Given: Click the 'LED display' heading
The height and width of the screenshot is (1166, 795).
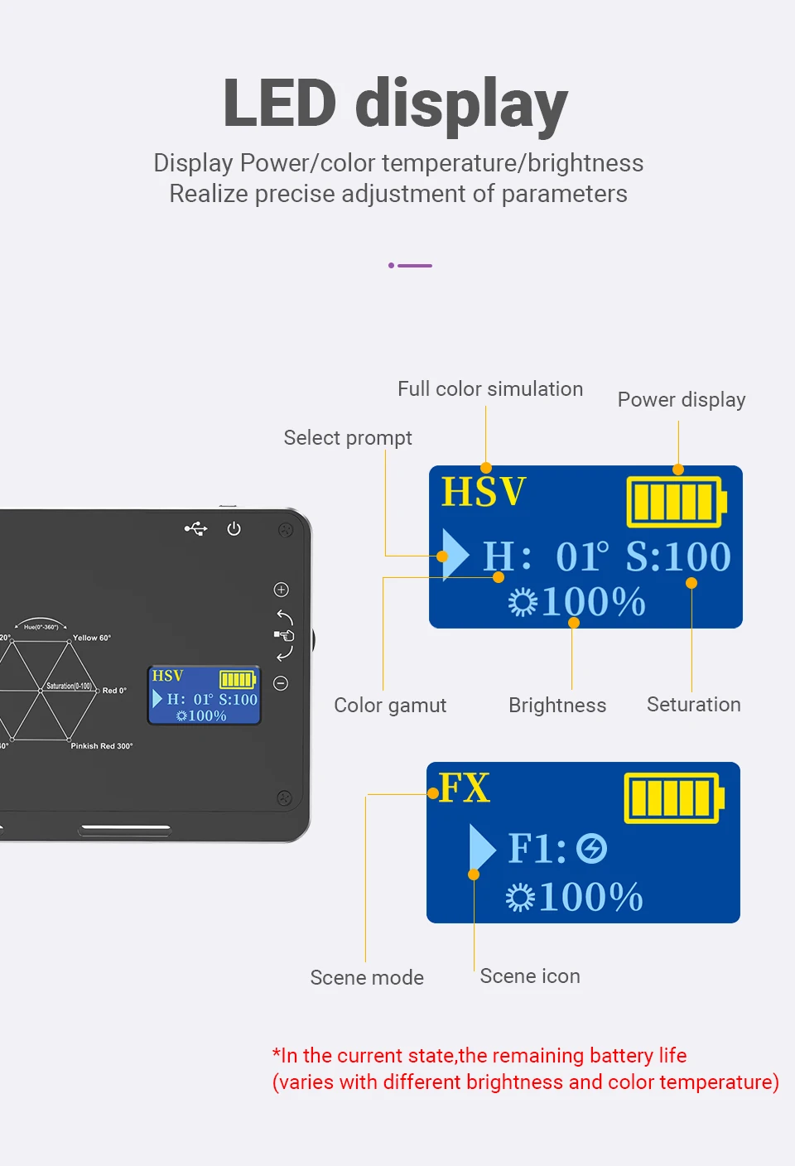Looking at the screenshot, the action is pos(395,104).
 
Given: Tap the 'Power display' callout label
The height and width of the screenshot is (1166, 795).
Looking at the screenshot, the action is pos(682,400).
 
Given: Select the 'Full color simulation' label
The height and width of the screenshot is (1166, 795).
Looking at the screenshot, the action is pos(490,389).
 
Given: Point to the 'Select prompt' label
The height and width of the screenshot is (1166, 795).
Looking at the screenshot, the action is pos(348,438).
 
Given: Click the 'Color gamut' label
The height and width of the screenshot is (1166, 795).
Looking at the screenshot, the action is pos(390,706).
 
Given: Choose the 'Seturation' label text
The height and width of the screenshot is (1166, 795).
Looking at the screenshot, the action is pos(694,705).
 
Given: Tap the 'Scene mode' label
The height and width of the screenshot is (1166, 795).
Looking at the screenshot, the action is pos(367,978).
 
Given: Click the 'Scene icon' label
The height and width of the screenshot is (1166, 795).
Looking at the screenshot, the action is pos(530,976).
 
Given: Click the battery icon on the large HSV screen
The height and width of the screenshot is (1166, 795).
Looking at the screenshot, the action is pos(676,502).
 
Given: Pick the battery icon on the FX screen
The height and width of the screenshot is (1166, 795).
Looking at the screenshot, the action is pos(673,798).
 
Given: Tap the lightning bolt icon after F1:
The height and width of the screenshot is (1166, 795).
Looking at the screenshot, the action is pos(592,849).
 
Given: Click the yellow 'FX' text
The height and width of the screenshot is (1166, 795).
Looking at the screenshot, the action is pos(465,788).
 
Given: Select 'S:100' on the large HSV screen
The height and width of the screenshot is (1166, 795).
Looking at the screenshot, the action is pos(678,556).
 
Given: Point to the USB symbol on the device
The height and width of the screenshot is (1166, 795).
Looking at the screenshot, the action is pos(196,528).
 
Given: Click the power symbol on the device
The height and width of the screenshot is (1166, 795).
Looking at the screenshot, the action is pos(234,528).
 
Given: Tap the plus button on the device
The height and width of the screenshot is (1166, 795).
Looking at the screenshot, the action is pos(282,590).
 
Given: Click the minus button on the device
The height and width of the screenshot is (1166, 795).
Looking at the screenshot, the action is pos(282,683).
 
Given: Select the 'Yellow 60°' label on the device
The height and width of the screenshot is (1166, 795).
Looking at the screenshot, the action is pos(92,638).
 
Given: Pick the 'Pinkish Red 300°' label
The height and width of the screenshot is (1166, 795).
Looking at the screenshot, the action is pos(102,746).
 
